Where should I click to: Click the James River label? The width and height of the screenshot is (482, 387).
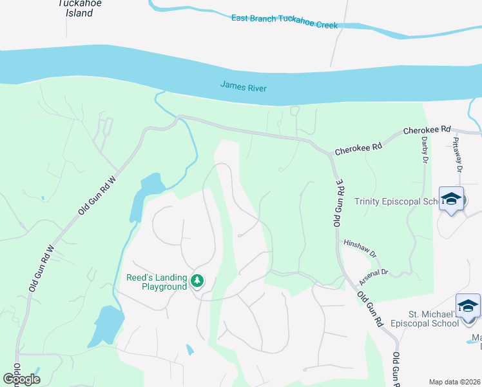click(243, 86)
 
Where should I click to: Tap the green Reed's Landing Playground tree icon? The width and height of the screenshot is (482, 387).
click(197, 281)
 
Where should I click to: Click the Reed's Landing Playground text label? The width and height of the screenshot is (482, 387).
click(156, 282)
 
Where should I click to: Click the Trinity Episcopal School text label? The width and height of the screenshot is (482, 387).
click(396, 202)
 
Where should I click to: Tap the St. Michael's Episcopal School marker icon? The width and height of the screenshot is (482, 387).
click(468, 306)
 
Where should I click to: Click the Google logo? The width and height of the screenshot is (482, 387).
click(22, 379)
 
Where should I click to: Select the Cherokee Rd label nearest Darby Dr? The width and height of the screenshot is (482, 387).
click(427, 130)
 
